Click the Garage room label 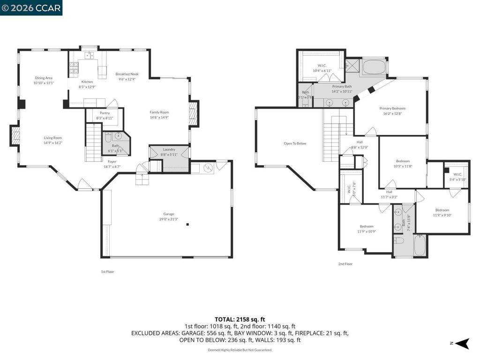[x=168, y=214]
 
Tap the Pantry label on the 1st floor [x=105, y=113]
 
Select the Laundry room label [x=169, y=149]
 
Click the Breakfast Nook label [x=127, y=74]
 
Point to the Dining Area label [x=44, y=78]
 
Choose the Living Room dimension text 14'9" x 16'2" [x=53, y=143]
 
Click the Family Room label [x=159, y=112]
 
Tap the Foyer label [x=112, y=161]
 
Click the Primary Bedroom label [x=392, y=108]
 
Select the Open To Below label [x=295, y=143]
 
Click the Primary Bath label [x=342, y=86]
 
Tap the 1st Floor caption [x=107, y=271]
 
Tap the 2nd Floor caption [x=345, y=264]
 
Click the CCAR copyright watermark [x=31, y=7]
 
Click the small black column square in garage [x=187, y=225]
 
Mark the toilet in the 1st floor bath [x=108, y=137]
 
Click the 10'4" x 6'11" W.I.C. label [x=322, y=71]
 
